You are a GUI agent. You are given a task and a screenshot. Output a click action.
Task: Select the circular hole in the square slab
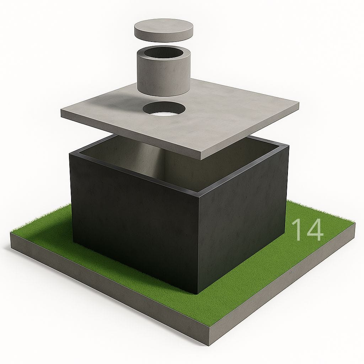(164, 108)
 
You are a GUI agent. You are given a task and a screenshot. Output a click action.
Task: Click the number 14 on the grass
(307, 230)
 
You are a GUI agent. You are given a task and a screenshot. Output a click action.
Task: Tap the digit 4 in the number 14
(314, 230)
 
